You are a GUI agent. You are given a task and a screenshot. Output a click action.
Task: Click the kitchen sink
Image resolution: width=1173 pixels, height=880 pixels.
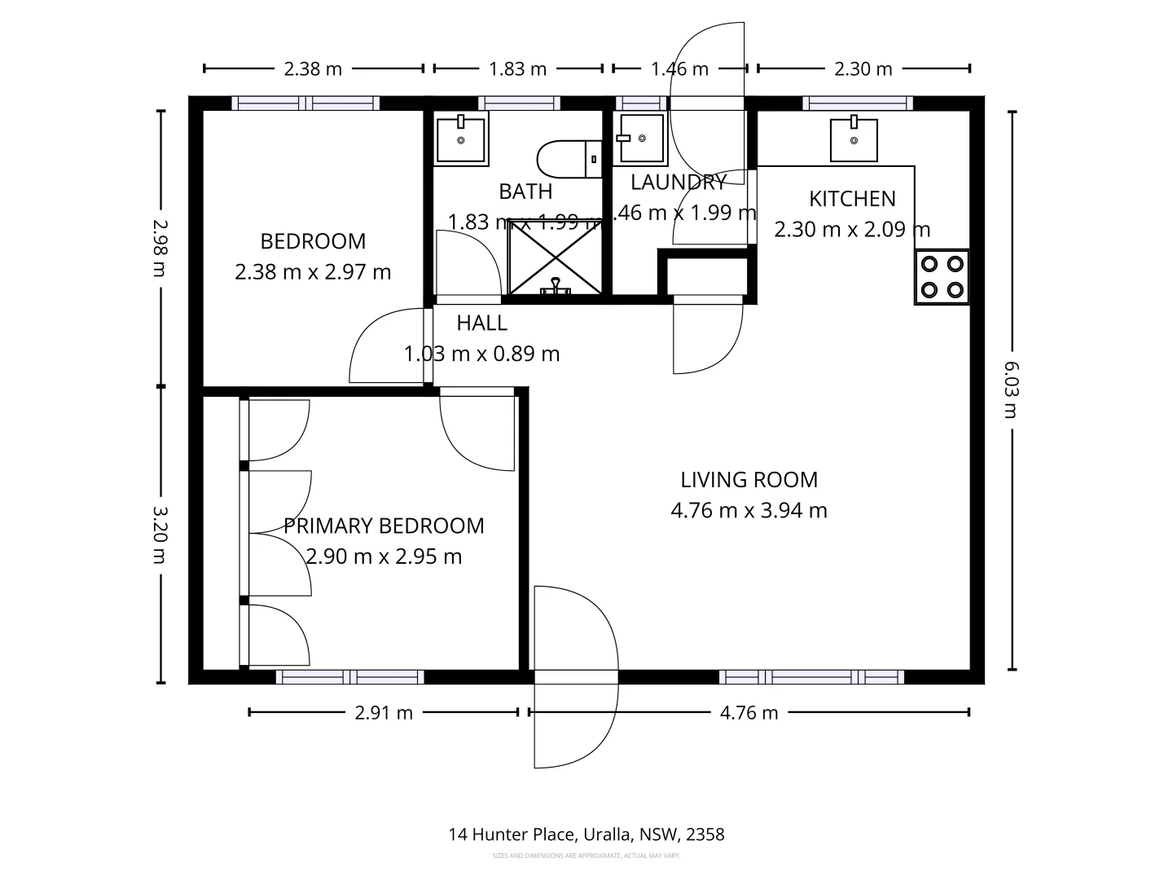coord(854,139)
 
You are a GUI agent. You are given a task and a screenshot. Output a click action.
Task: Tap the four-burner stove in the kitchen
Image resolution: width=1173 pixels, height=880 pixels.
coord(942,277)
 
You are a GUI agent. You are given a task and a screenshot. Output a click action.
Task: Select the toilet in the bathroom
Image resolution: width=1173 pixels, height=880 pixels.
coord(568,160)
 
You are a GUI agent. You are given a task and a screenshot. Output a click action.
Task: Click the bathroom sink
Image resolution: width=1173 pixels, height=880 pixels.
coord(461,139)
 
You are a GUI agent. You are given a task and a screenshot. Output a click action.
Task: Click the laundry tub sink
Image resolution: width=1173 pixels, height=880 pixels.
coord(641,138)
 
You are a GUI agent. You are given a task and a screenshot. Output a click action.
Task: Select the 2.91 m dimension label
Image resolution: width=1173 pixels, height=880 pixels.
coord(384,713)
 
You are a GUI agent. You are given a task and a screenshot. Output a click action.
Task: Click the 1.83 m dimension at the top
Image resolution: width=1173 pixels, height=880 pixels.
coord(517,68)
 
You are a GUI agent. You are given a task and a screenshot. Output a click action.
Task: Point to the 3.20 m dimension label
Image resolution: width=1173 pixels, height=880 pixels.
coord(160,535)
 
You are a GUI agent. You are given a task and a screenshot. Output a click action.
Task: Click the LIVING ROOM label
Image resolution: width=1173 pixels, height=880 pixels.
coord(749,480)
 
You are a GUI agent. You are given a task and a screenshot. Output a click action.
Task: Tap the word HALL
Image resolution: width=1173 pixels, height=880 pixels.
coord(481,323)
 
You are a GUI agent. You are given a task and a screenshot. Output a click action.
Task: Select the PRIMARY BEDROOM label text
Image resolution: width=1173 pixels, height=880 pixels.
coord(384,526)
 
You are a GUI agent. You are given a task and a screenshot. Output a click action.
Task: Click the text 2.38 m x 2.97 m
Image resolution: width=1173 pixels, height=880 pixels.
coord(313,272)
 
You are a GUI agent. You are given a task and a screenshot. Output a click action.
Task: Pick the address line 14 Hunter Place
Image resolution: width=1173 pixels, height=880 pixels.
coord(586,834)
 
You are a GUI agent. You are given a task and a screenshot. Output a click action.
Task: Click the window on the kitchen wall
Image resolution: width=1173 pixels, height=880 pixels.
coord(856,103)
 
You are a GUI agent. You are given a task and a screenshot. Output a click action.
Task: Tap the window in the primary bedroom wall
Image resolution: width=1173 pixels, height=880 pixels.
coord(349,676)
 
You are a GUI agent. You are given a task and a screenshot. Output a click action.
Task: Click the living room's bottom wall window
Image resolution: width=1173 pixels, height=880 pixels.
coord(811,676)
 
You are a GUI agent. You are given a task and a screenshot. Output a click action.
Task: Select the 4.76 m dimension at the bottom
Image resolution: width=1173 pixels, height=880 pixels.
coord(749,713)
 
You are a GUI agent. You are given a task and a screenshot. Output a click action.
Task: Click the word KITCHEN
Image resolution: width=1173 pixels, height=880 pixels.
coord(852,199)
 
